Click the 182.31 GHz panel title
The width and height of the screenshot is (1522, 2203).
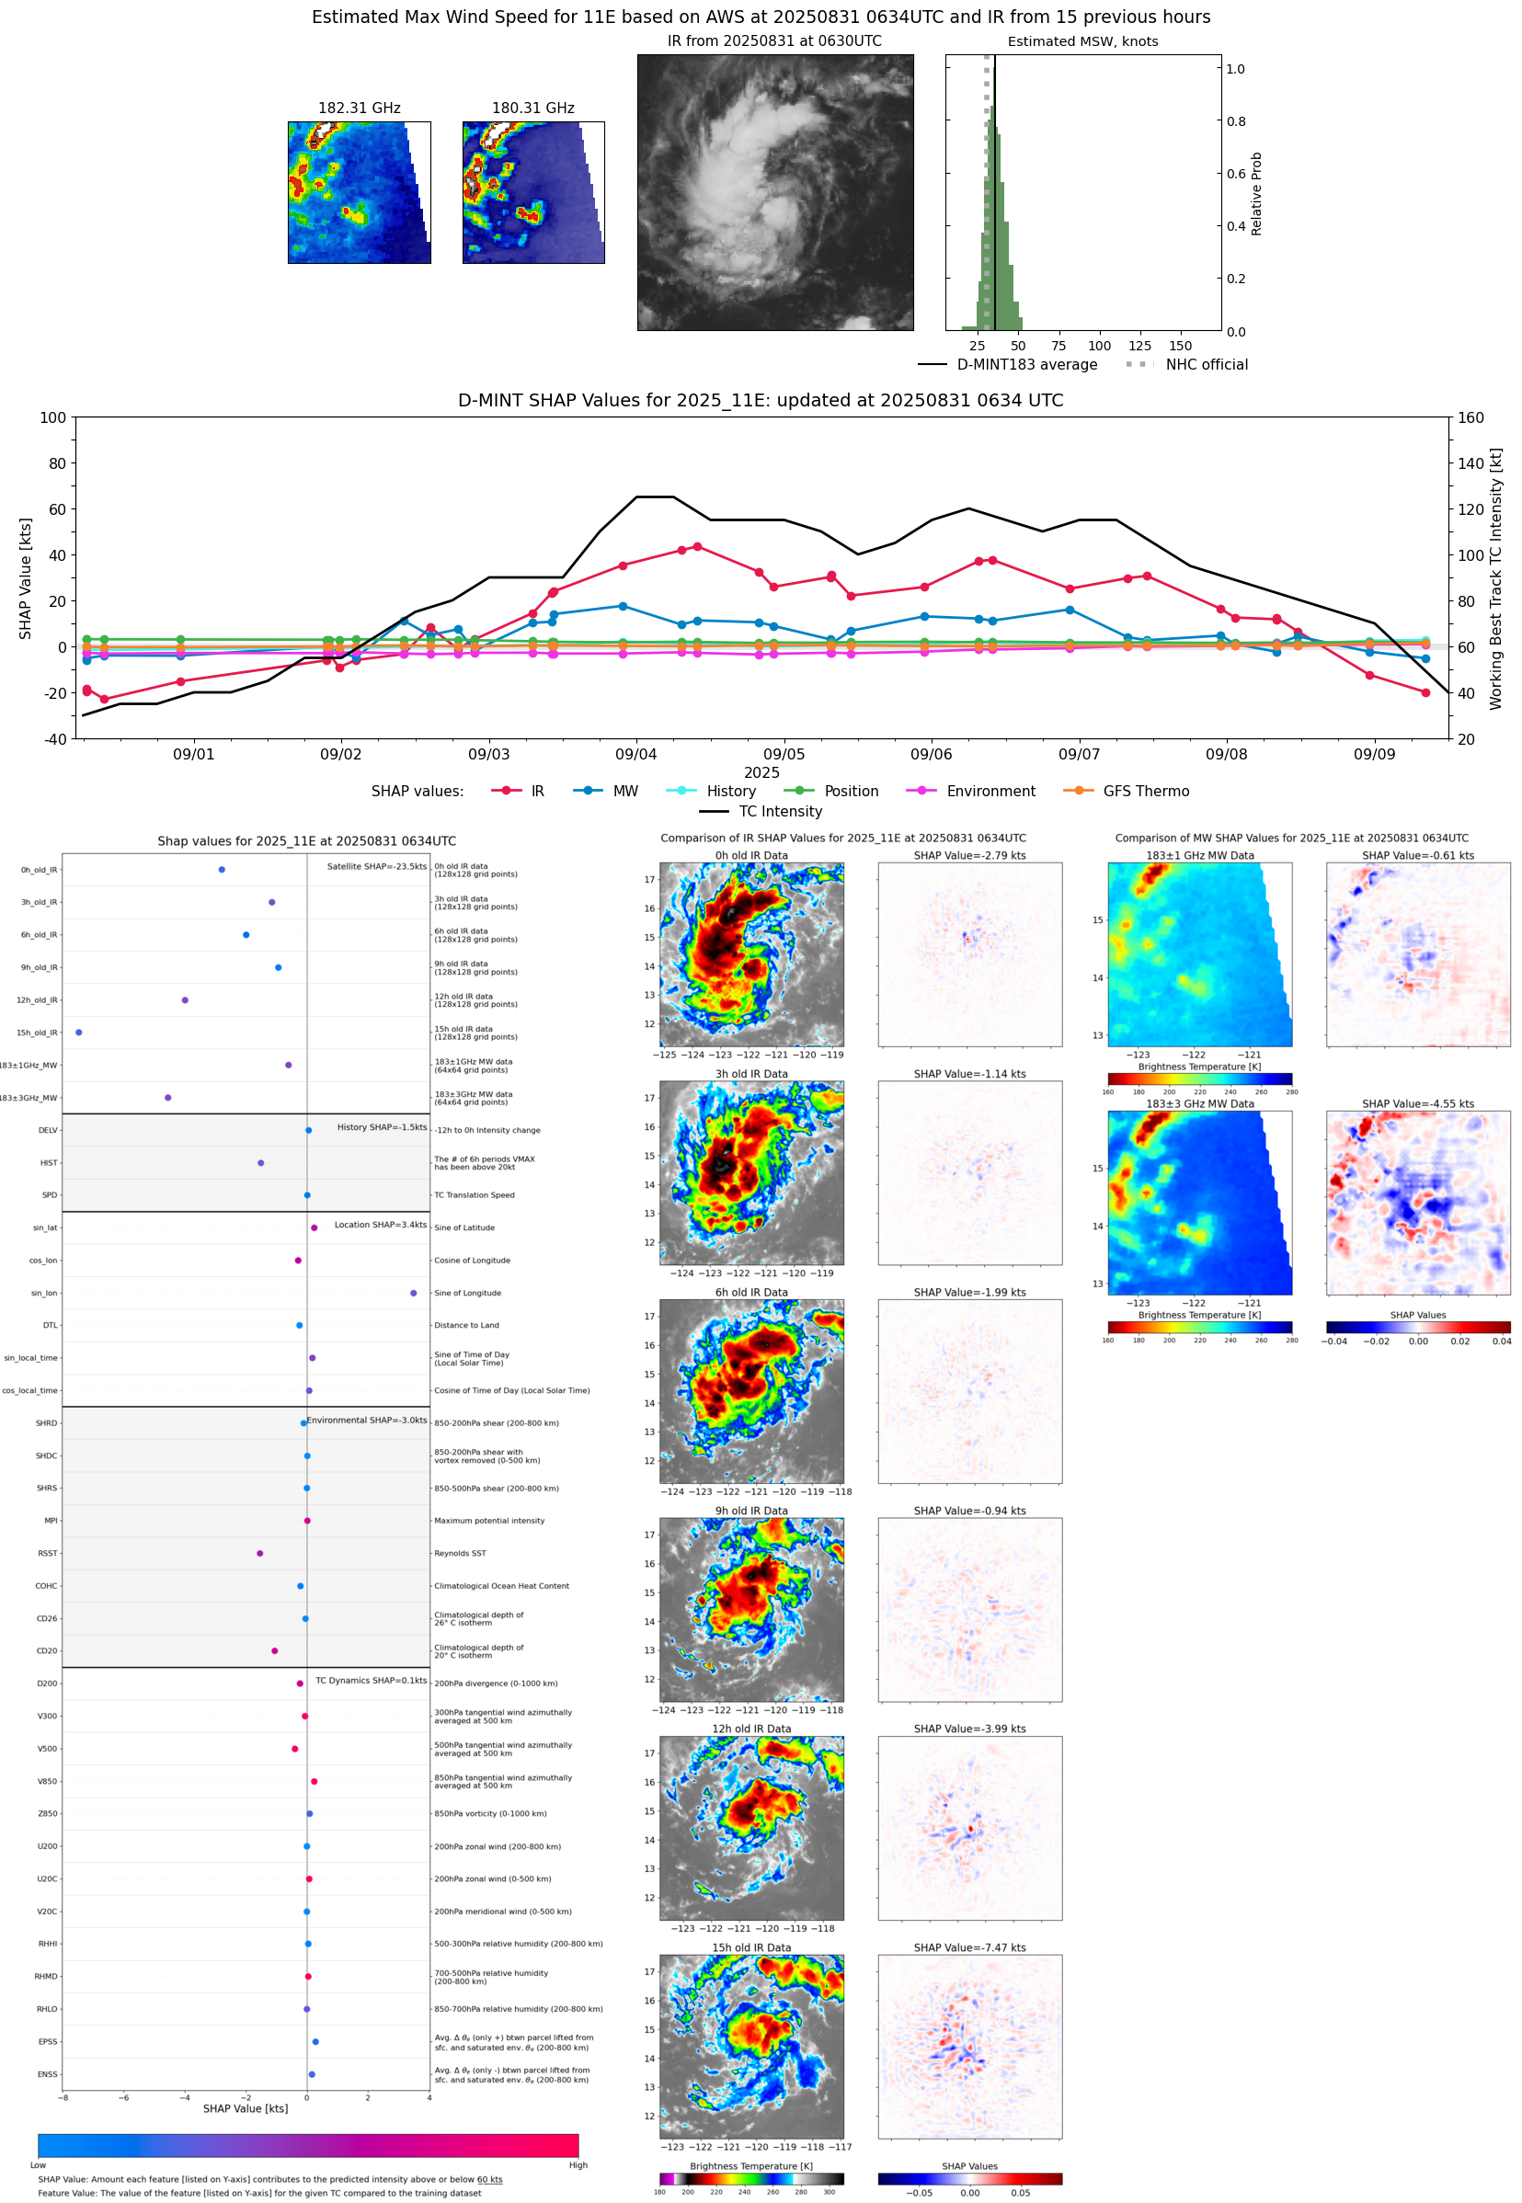pos(359,108)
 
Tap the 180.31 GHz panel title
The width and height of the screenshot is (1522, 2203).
pos(533,108)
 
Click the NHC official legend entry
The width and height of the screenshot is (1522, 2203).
pos(1206,365)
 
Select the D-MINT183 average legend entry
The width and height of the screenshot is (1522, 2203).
pos(1026,365)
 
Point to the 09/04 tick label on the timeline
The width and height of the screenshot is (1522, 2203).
pos(636,754)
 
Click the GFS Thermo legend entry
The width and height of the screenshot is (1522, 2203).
pos(1145,792)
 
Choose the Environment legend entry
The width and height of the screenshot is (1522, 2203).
pos(990,792)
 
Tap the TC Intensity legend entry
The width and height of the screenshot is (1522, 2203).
pos(779,811)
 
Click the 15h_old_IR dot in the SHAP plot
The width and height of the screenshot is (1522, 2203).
pos(79,1033)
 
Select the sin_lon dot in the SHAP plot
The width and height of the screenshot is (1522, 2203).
pos(413,1293)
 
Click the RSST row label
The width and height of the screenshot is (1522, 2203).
pos(48,1553)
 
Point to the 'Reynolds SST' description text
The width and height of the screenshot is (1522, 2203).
pos(460,1553)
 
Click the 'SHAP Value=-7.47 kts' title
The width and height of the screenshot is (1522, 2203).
pos(969,1947)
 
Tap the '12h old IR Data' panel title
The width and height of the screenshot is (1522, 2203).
pos(751,1729)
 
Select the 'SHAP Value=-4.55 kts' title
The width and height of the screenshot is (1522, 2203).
pos(1417,1104)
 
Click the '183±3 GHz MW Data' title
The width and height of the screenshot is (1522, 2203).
pos(1200,1104)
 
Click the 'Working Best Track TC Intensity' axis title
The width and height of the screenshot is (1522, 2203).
pos(1495,577)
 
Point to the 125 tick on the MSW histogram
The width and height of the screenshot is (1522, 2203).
pos(1139,346)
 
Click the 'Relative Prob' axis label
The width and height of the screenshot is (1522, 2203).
pos(1257,193)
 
